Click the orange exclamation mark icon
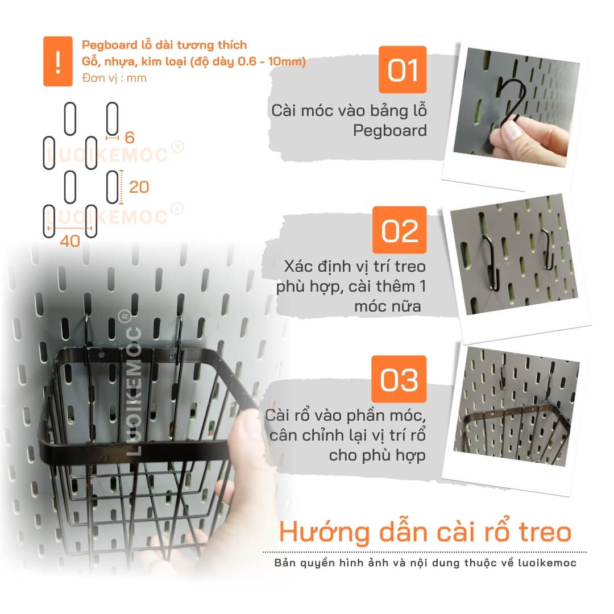click(57, 61)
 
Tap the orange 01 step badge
click(403, 70)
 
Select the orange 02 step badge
click(400, 230)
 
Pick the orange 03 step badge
click(399, 379)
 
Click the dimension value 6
click(130, 138)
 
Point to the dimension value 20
click(139, 187)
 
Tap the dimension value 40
click(70, 241)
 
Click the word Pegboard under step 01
click(389, 130)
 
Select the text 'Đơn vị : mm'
click(114, 78)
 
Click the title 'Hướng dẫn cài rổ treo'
click(425, 532)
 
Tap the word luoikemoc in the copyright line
click(547, 563)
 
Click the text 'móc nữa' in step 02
click(388, 306)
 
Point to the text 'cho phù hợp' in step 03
click(377, 455)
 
